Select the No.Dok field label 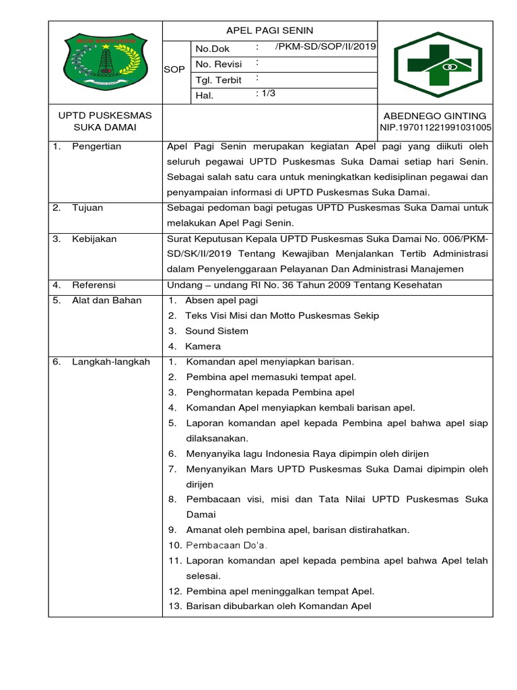pyautogui.click(x=212, y=49)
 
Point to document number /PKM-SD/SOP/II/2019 pyautogui.click(x=326, y=46)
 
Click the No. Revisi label pyautogui.click(x=218, y=65)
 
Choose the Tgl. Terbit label pyautogui.click(x=218, y=80)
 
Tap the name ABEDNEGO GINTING pyautogui.click(x=435, y=116)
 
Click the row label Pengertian pyautogui.click(x=97, y=146)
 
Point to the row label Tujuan pyautogui.click(x=88, y=208)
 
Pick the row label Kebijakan pyautogui.click(x=94, y=239)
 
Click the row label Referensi pyautogui.click(x=94, y=285)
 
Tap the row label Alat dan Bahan pyautogui.click(x=107, y=301)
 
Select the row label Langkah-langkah pyautogui.click(x=111, y=362)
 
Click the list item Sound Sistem pyautogui.click(x=217, y=331)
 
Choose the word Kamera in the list pyautogui.click(x=203, y=346)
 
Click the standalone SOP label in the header pyautogui.click(x=174, y=70)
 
